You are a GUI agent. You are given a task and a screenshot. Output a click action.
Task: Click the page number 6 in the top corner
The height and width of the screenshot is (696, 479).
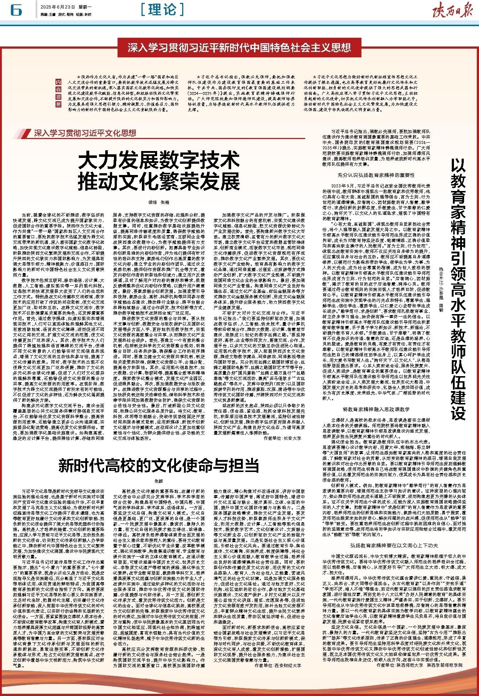(x=16, y=11)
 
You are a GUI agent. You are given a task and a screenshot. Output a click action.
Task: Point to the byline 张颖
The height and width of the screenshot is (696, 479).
(x=158, y=481)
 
